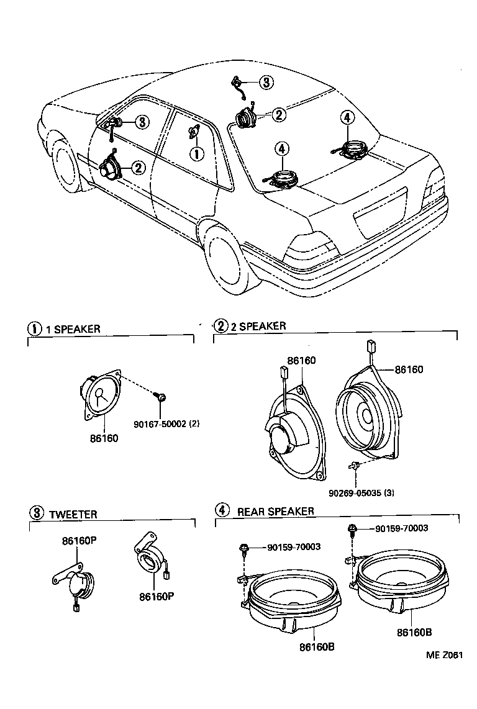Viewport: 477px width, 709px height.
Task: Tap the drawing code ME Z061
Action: point(445,654)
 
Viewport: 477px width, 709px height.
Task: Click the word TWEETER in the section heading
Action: point(73,514)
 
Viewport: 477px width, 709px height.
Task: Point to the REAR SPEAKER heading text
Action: point(275,512)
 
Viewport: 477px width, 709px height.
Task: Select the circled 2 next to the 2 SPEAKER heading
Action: point(220,326)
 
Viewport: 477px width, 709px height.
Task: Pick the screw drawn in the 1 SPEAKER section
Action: point(160,397)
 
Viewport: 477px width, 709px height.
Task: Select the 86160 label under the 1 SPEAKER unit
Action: point(104,438)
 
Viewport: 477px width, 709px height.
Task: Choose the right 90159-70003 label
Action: point(401,528)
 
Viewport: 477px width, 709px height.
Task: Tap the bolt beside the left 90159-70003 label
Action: point(244,548)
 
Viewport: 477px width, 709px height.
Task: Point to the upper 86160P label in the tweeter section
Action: point(78,541)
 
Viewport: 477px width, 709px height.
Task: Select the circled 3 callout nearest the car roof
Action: point(266,83)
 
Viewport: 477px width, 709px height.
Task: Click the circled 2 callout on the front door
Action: point(137,166)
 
